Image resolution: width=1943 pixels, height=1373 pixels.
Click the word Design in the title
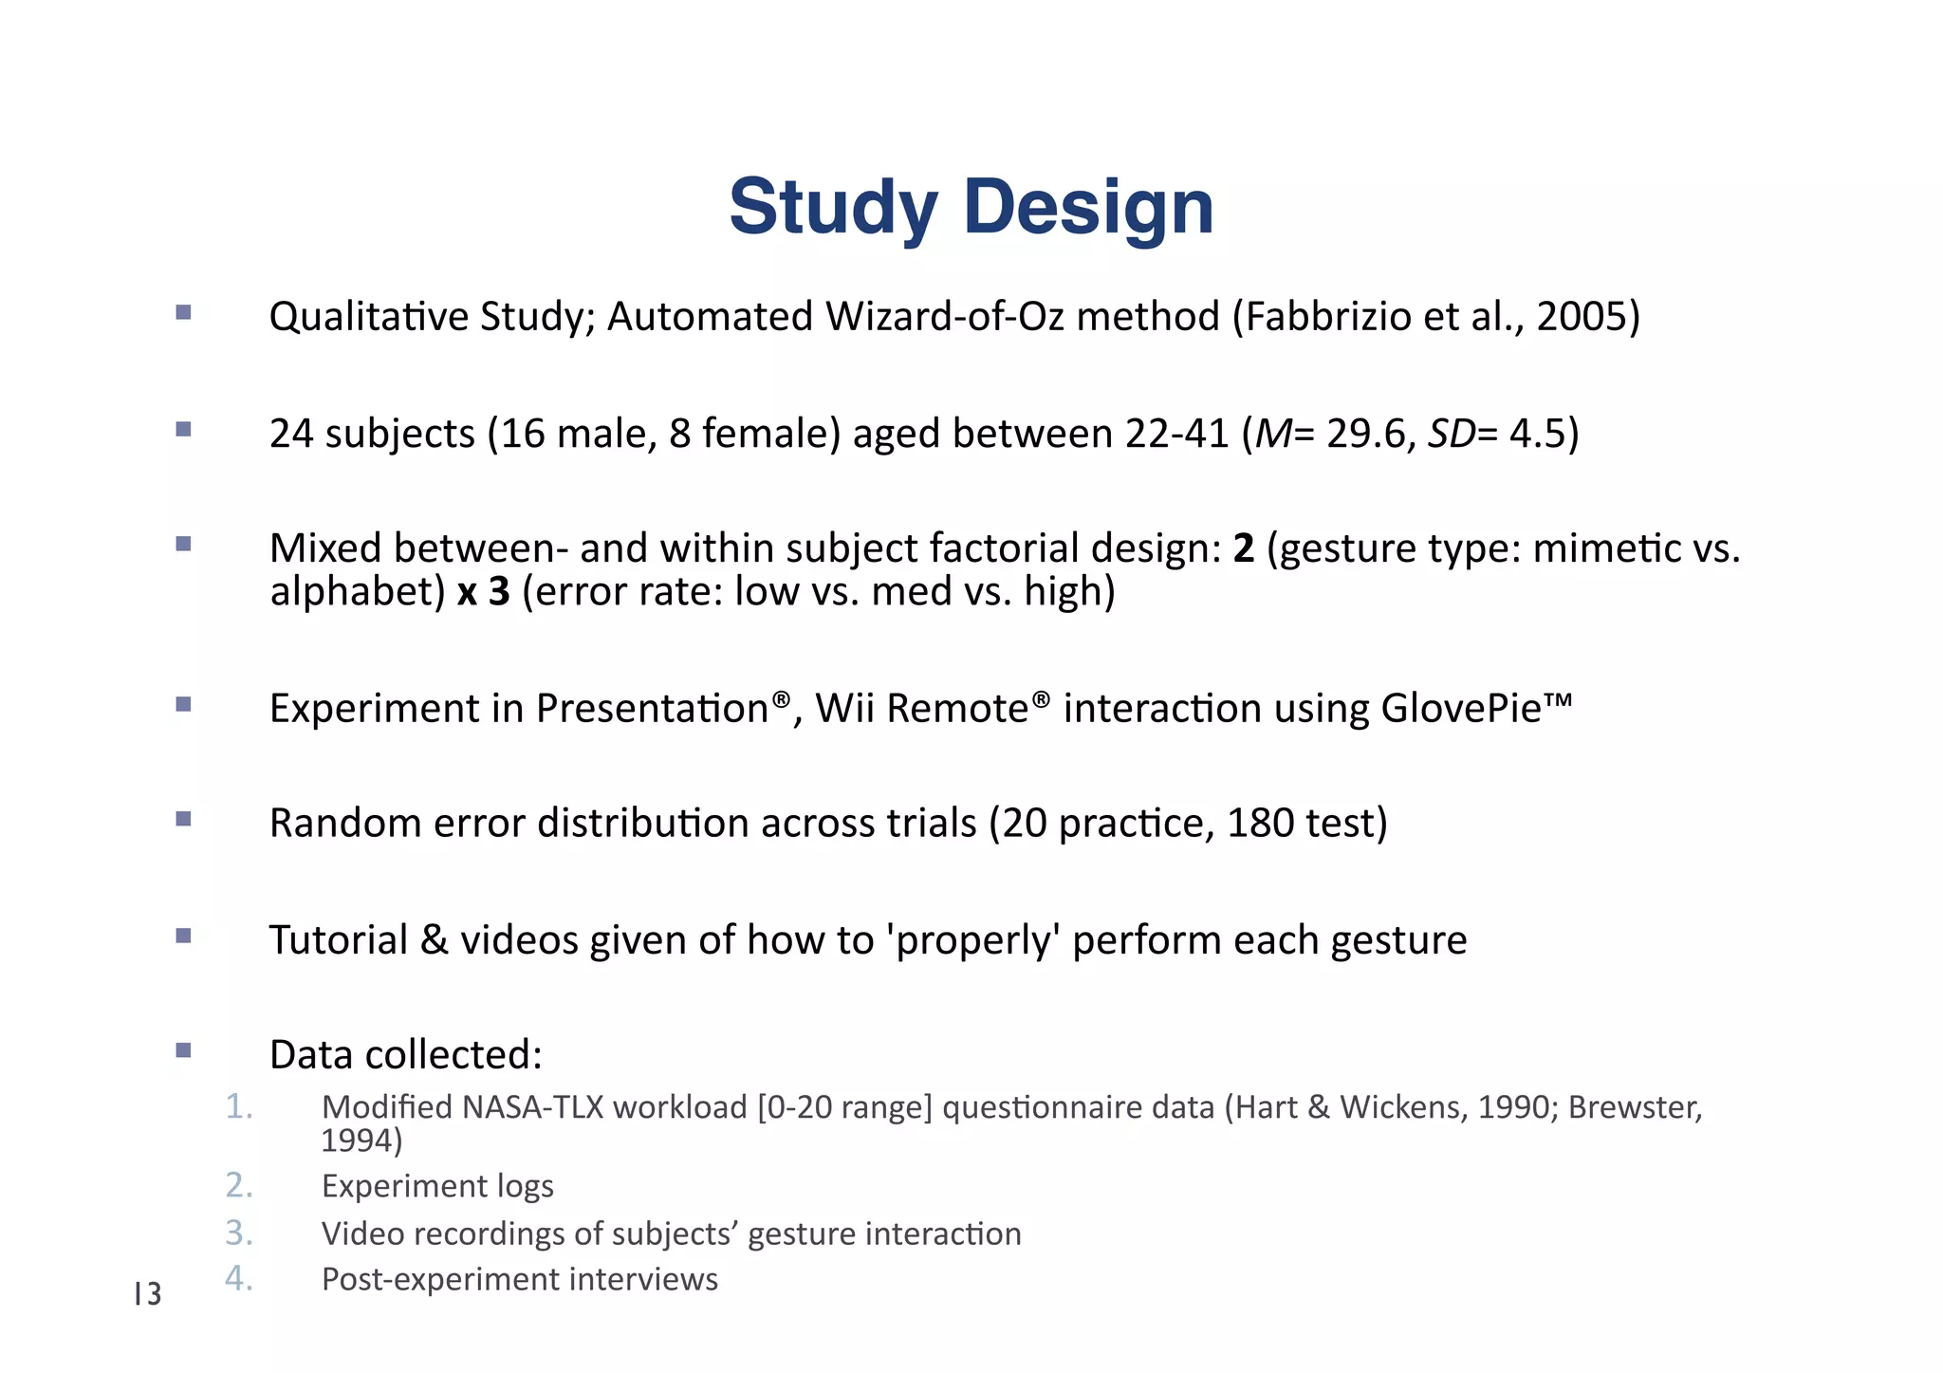[x=1088, y=207]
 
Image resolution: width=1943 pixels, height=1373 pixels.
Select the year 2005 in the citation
[x=1579, y=317]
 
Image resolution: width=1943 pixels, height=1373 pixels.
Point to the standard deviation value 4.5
[x=1537, y=434]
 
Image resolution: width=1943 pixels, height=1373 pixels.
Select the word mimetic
[x=1594, y=548]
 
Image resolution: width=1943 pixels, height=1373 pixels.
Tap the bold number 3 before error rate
[x=499, y=591]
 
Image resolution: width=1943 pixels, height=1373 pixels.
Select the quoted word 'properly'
[x=972, y=940]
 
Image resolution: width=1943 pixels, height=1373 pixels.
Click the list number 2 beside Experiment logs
[x=238, y=1185]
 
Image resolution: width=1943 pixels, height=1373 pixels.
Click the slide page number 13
[x=148, y=1293]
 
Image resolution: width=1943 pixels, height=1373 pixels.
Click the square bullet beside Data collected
[x=184, y=1050]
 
